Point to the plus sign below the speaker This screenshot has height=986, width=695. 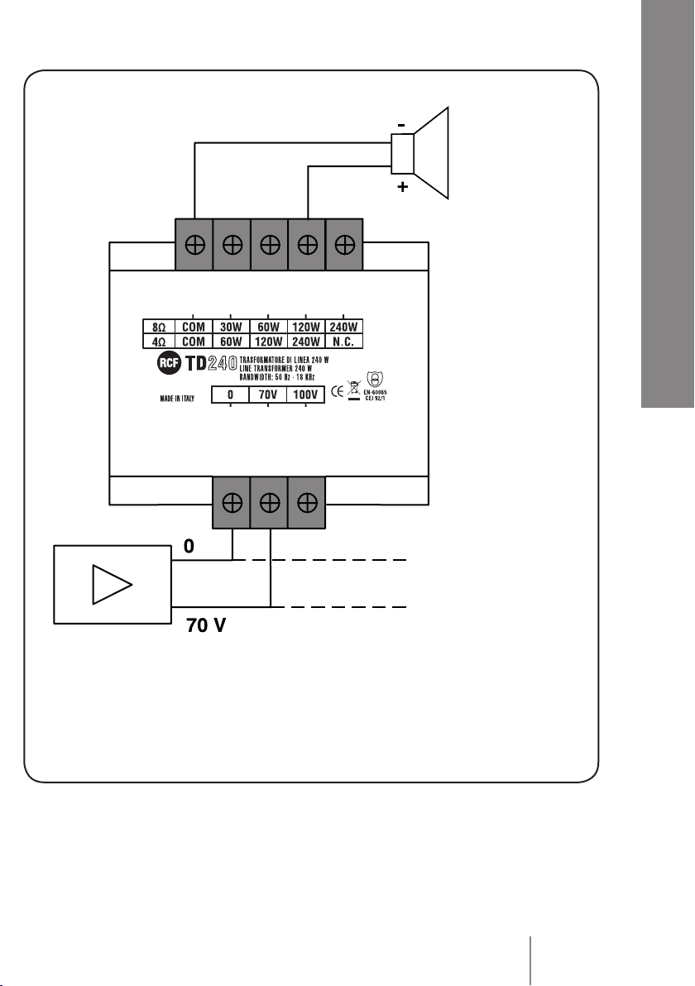point(403,188)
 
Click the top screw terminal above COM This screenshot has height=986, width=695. point(194,245)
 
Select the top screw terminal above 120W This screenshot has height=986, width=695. point(308,245)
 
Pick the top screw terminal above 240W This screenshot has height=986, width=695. point(346,245)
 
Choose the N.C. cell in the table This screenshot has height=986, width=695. point(344,340)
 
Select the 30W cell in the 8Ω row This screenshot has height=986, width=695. point(231,327)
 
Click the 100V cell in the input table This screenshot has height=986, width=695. point(305,395)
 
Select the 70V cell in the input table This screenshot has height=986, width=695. point(268,395)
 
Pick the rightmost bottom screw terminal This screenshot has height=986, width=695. point(306,502)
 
